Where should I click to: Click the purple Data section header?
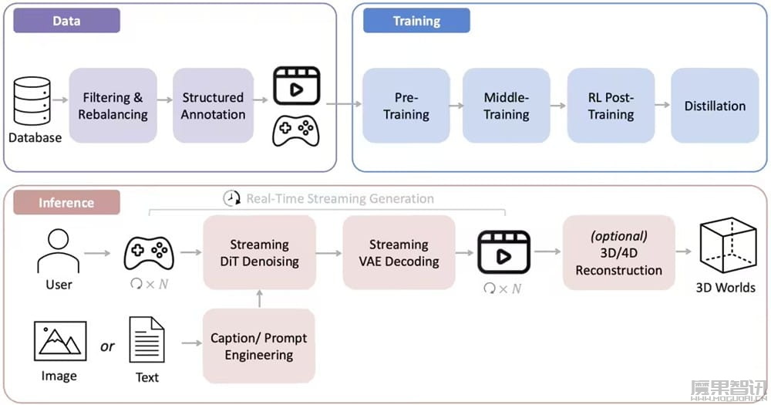(x=67, y=21)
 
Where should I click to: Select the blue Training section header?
(x=416, y=21)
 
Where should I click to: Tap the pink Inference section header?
(x=66, y=203)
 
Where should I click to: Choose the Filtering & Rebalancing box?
(x=113, y=106)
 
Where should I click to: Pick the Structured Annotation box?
(x=213, y=106)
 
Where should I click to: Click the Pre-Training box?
(x=406, y=106)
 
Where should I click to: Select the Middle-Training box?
(x=506, y=106)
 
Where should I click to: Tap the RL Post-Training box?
(x=610, y=106)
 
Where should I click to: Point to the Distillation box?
(x=715, y=106)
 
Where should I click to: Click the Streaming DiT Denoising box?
(x=259, y=253)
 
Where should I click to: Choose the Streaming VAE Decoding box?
(x=399, y=253)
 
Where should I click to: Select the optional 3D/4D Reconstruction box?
(x=618, y=253)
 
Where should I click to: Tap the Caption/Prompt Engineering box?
(x=259, y=346)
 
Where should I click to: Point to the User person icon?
(x=59, y=251)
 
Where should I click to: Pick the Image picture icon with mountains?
(x=60, y=341)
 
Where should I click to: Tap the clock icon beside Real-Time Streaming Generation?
(x=232, y=198)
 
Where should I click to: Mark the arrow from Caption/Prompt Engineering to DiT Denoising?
(x=259, y=299)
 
